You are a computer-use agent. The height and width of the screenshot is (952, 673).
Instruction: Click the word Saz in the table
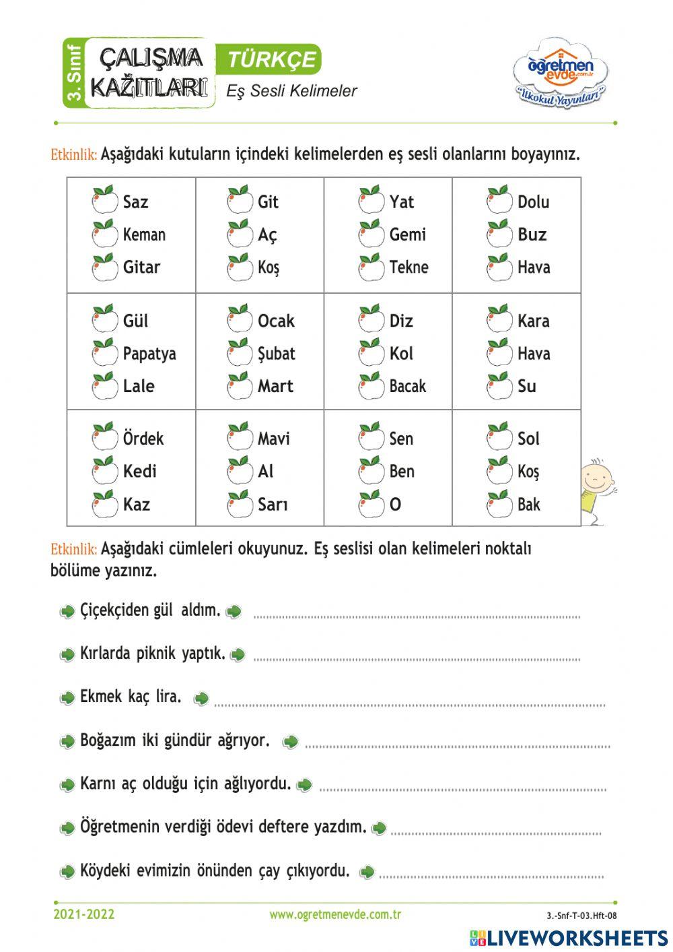point(135,201)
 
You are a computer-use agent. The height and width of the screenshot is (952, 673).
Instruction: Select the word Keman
point(144,234)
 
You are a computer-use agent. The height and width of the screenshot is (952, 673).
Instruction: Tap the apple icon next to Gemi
point(371,234)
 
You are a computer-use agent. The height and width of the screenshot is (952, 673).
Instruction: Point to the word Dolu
point(533,201)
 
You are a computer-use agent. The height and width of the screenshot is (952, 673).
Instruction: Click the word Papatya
point(149,354)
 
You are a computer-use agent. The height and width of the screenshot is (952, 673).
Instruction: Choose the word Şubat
point(276,354)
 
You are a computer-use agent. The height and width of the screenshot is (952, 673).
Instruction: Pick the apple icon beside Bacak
point(371,385)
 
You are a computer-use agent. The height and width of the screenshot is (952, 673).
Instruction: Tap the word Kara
point(533,321)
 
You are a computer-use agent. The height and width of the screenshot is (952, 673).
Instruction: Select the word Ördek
point(143,439)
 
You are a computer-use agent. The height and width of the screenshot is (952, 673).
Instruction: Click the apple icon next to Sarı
point(239,504)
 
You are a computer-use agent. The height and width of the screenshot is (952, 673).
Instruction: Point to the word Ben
point(402,471)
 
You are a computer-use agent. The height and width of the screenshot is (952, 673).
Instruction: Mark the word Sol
point(528,439)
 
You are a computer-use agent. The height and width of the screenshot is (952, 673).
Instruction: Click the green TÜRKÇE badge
point(269,59)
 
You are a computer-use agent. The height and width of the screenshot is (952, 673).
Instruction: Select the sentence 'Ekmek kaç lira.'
point(131,697)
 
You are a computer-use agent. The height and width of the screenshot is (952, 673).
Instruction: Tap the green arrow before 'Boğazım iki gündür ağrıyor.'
point(67,742)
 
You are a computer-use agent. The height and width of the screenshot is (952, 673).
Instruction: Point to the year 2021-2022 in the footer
point(84,914)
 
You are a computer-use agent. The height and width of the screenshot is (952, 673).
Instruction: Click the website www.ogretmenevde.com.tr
point(335,914)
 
